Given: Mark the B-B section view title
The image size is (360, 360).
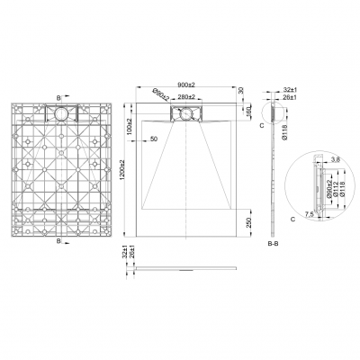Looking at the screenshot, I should [276, 244].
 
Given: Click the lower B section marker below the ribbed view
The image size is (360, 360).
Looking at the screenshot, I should [59, 242].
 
